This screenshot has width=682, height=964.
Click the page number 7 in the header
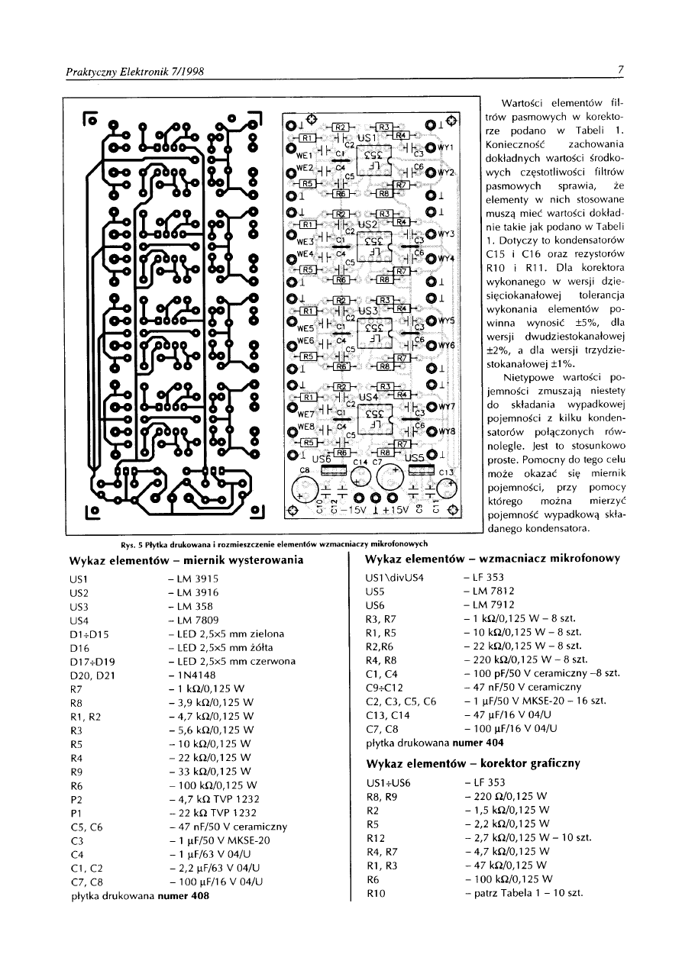point(622,71)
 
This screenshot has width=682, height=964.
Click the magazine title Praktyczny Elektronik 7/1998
point(134,72)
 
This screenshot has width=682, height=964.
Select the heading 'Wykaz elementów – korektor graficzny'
point(474,763)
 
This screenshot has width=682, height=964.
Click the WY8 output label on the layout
point(447,431)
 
